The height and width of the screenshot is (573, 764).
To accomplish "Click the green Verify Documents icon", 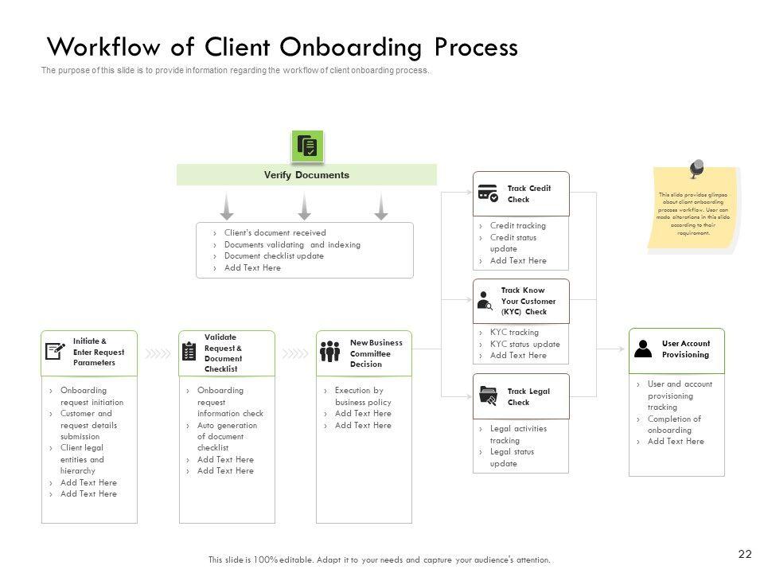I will point(306,146).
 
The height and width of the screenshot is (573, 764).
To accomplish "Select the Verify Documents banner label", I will point(306,175).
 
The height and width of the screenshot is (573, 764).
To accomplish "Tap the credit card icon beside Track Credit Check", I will point(488,193).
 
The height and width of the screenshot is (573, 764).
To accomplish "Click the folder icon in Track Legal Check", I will point(489,396).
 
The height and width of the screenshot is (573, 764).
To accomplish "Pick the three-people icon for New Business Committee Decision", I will point(330,351).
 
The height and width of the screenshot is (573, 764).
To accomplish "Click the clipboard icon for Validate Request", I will point(189,351).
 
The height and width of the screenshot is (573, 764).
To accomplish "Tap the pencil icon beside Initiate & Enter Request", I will point(55,351).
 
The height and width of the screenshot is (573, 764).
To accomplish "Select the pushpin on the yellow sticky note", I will point(696,169).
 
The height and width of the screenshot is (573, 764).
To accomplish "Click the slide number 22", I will point(746,554).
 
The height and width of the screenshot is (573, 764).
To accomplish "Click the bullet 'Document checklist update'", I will point(274,256).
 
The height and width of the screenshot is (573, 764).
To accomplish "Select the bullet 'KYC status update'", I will point(524,344).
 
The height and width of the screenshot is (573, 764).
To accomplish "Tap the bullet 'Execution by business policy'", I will point(363,396).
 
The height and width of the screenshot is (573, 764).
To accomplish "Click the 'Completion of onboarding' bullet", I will point(673,424).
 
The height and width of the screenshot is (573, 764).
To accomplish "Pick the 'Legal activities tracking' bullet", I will point(518,435).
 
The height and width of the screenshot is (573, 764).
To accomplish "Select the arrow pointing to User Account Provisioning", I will point(611,349).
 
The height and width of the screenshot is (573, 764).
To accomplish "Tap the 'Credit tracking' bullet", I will point(517,226).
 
